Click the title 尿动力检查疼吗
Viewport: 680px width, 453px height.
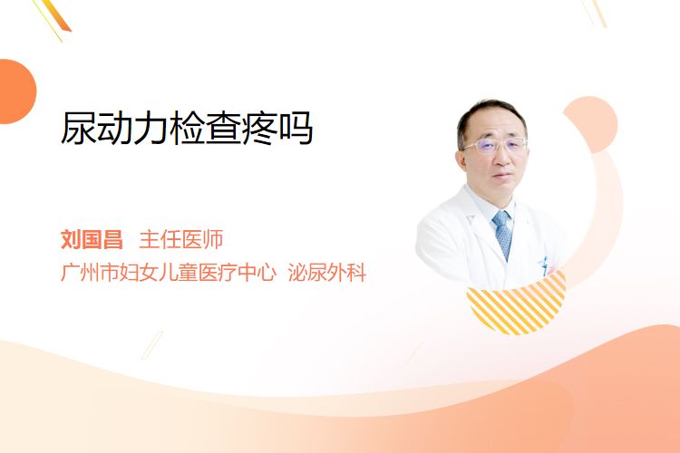pos(187,128)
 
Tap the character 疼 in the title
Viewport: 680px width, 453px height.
pos(259,128)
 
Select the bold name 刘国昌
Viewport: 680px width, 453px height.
pos(92,239)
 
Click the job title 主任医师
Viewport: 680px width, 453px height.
pos(181,239)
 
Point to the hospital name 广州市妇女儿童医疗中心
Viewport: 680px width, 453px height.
pos(169,272)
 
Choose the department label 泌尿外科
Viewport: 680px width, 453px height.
pos(327,272)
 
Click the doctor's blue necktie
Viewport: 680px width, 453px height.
pos(502,235)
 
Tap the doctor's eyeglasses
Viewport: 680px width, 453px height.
pos(495,145)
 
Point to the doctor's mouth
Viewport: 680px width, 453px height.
pos(502,176)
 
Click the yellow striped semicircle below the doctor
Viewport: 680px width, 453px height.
pos(517,304)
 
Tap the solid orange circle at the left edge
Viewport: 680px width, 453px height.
pos(16,92)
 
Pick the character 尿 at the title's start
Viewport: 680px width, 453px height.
pos(79,128)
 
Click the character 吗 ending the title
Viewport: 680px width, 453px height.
pos(296,128)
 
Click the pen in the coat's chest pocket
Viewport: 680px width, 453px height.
pos(544,264)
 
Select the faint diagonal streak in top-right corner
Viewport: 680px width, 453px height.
pos(594,13)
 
